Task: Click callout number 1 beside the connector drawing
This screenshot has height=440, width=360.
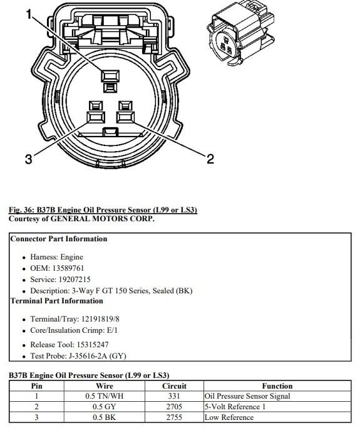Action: coord(29,14)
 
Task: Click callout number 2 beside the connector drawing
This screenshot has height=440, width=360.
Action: coord(210,159)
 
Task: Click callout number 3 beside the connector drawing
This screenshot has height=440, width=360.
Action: coord(29,159)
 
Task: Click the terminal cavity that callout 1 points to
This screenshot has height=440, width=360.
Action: coord(110,76)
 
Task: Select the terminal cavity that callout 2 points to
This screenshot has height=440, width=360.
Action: coord(125,117)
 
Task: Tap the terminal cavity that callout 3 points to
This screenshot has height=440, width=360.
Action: coord(96,117)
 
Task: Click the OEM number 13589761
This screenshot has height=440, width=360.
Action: coord(68,268)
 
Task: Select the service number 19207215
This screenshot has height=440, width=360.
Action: coord(75,280)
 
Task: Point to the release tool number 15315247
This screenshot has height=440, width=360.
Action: coord(92,345)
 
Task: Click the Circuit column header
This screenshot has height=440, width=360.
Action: coord(174,386)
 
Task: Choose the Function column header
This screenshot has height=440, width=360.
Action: coord(277,386)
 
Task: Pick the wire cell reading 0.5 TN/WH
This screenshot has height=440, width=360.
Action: coord(105,396)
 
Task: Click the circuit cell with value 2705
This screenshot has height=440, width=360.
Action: coord(174,407)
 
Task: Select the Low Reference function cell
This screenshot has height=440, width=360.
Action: coord(229,417)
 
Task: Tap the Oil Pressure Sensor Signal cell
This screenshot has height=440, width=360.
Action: coord(247,396)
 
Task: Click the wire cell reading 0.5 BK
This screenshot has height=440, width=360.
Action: coord(104,417)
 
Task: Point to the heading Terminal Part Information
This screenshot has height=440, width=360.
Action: coord(57,301)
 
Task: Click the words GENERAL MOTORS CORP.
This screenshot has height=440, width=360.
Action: coord(102,219)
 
